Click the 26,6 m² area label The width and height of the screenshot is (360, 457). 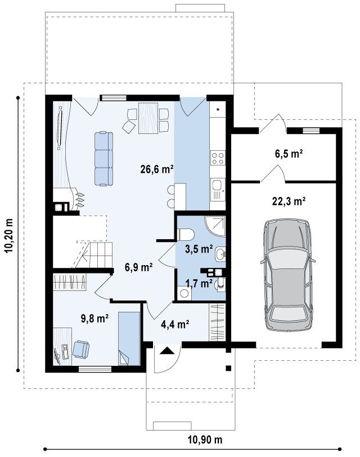[x=157, y=169]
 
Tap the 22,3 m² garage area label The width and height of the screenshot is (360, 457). [x=289, y=201]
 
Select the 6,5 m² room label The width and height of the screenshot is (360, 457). [x=289, y=153]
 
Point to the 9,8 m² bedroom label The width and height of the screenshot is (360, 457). [x=94, y=319]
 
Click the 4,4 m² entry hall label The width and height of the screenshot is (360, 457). [x=175, y=324]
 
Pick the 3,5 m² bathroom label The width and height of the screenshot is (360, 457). [x=199, y=249]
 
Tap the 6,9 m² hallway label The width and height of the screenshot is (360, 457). [x=138, y=267]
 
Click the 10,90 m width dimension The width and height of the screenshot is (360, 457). [x=204, y=440]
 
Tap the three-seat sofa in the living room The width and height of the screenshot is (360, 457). [x=103, y=159]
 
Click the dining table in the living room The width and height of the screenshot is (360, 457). [x=148, y=118]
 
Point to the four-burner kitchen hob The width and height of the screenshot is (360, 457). [x=218, y=158]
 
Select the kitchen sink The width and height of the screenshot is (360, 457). [x=217, y=189]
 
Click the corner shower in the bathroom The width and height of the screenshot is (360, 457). [x=215, y=226]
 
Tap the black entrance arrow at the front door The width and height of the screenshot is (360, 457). [x=167, y=350]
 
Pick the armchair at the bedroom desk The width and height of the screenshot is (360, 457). [x=80, y=349]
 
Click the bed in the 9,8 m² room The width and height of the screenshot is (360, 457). [x=128, y=338]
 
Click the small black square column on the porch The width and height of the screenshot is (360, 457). [x=228, y=368]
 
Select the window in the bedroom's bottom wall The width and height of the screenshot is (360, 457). [x=95, y=369]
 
